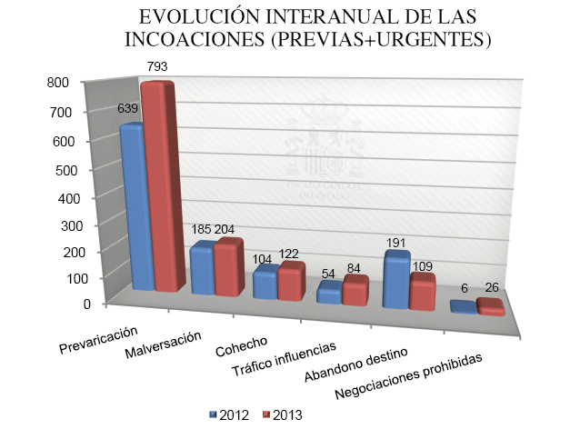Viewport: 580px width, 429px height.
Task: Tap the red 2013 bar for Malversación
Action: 228,268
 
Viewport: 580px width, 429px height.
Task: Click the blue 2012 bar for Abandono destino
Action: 395,280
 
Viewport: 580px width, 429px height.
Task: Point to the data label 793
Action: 158,66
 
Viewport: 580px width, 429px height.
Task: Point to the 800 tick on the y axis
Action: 57,83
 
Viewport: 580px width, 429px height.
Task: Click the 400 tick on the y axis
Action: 57,197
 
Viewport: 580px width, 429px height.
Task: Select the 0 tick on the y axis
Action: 62,304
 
